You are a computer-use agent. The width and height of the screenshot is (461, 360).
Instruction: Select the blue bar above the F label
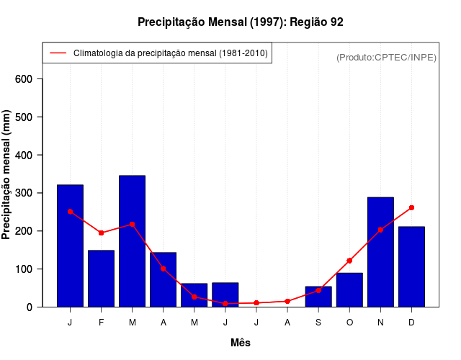click(x=101, y=279)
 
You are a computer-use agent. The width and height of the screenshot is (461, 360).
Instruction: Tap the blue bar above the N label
click(x=380, y=252)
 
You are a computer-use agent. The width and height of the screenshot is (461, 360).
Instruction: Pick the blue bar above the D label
click(x=411, y=266)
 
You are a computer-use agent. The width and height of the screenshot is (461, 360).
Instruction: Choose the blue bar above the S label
click(x=318, y=297)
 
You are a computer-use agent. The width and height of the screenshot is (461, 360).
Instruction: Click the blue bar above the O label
click(x=349, y=289)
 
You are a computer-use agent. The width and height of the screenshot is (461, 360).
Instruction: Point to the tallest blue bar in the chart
click(x=132, y=241)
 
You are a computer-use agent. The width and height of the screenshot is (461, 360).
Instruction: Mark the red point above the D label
click(x=411, y=207)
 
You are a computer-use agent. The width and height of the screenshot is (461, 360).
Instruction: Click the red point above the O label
click(x=349, y=261)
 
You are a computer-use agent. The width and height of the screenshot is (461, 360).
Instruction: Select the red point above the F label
click(x=101, y=233)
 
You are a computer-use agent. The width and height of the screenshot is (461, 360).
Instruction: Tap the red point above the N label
click(x=380, y=230)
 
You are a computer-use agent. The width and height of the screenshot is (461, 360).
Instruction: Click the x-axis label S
click(x=318, y=323)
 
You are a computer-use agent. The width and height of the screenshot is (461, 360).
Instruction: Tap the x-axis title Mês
click(x=241, y=343)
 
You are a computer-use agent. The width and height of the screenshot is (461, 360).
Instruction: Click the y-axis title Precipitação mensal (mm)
click(x=8, y=175)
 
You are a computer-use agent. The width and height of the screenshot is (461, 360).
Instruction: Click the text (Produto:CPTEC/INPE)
click(x=386, y=57)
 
